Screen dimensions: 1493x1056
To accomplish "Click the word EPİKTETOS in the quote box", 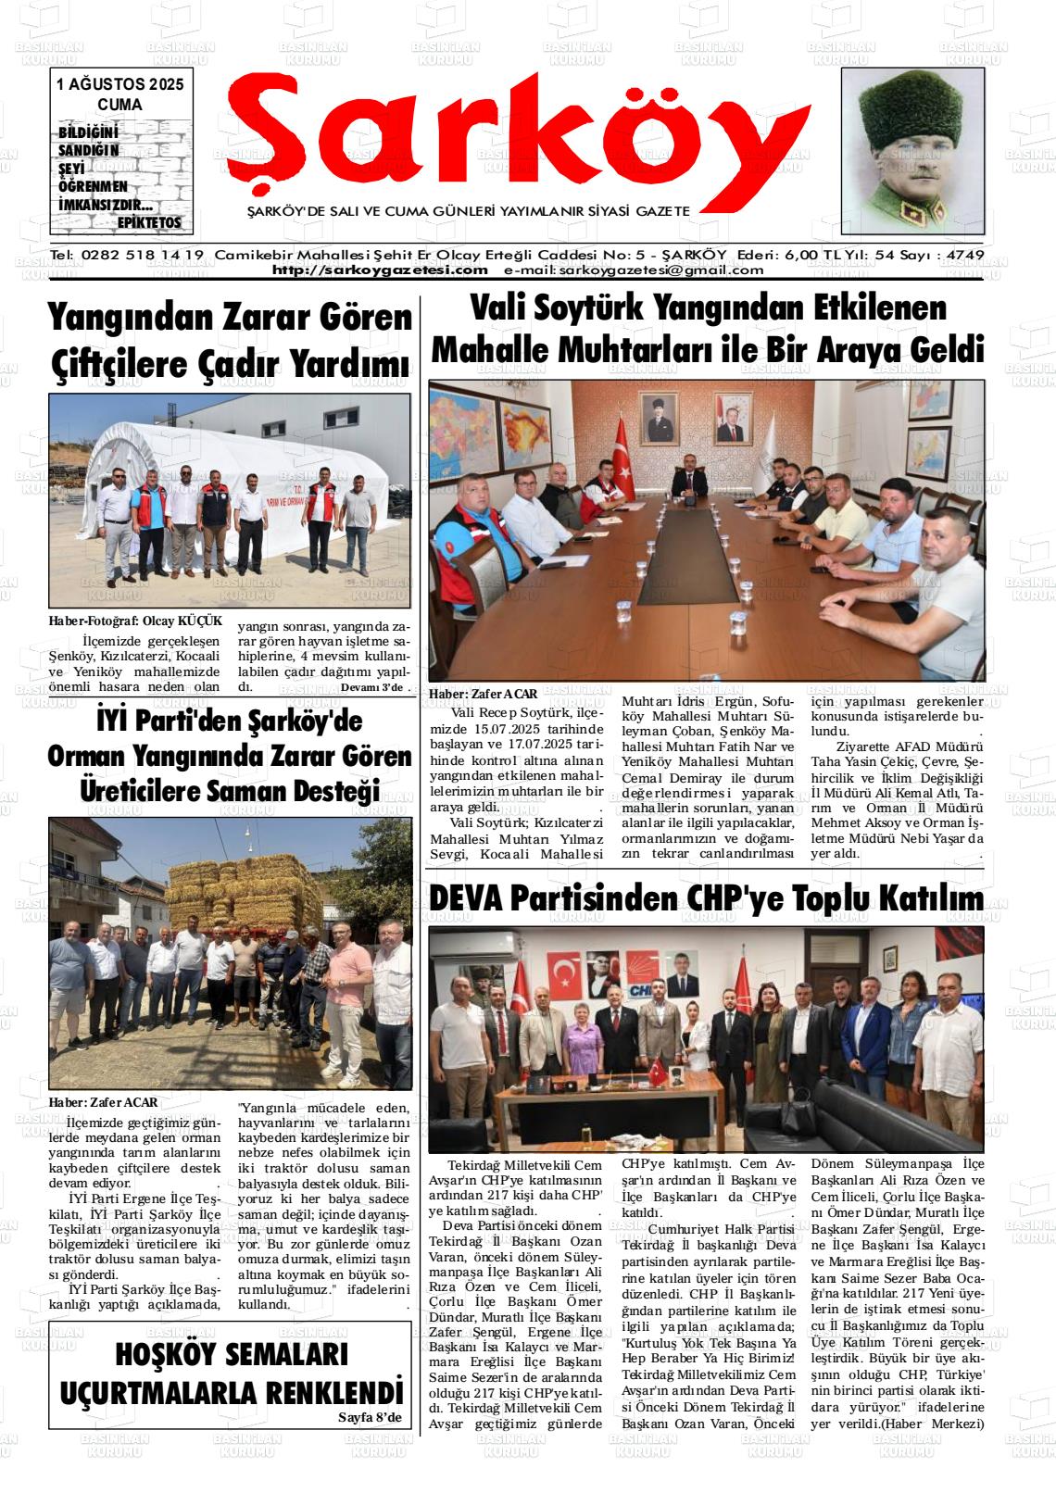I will (149, 223).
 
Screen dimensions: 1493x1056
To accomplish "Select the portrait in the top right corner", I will (911, 152).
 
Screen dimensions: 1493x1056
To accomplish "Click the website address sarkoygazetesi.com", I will (380, 270).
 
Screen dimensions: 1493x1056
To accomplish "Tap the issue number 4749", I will (962, 255).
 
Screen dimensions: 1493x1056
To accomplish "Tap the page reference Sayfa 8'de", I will (371, 1418).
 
